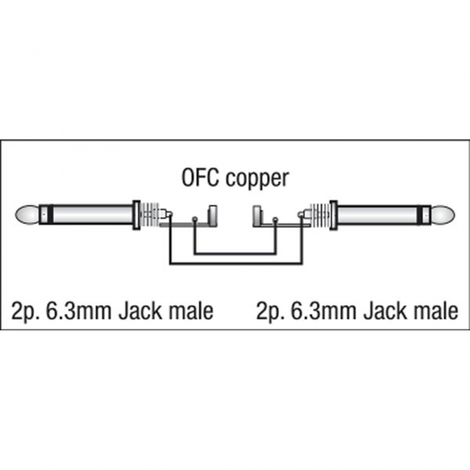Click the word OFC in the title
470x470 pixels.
click(199, 178)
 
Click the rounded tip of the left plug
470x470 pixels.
click(27, 214)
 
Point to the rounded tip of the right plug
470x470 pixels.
click(443, 215)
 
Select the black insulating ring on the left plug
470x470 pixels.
click(50, 214)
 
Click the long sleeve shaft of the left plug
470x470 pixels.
click(93, 214)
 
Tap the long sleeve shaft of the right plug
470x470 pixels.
click(377, 215)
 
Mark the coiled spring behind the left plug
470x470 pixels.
click(149, 215)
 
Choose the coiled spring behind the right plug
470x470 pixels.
click(320, 215)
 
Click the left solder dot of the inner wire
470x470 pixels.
click(195, 219)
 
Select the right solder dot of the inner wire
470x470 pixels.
click(275, 220)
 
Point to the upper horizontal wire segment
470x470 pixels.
click(235, 254)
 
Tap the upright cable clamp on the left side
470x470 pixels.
click(213, 216)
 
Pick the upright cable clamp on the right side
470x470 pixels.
click(257, 216)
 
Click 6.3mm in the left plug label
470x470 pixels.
click(79, 311)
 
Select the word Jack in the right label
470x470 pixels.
click(385, 311)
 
